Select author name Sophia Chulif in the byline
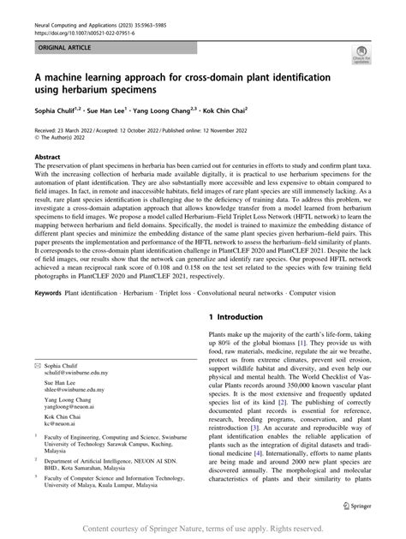point(55,109)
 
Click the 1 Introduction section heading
point(245,317)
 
